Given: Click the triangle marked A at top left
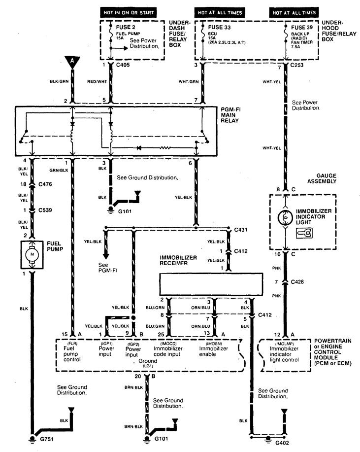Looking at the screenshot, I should (72, 62).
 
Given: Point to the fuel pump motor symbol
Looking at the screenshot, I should (31, 255).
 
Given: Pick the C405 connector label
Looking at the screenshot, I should (123, 65).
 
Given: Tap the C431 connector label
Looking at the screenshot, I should (241, 229).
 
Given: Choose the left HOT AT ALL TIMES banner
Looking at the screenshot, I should (221, 11).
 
